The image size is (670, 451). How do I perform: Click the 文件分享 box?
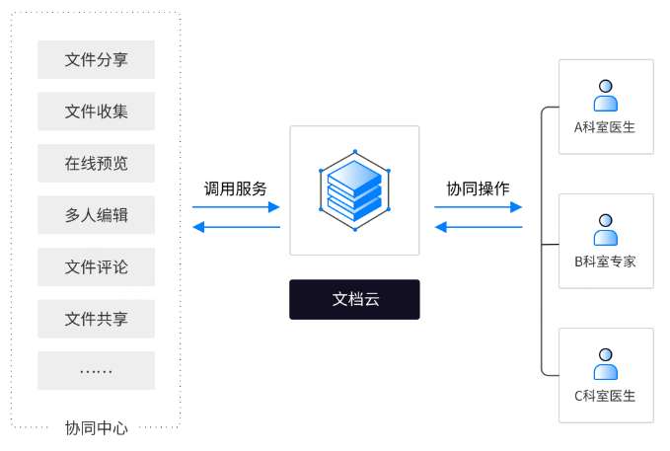point(96,59)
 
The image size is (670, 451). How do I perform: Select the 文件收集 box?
point(96,112)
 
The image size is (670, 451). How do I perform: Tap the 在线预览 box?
point(96,164)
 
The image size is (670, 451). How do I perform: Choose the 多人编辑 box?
point(96,215)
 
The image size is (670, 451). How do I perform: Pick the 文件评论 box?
point(96,267)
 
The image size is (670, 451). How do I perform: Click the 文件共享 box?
point(96,319)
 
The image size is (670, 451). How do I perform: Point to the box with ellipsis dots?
point(96,371)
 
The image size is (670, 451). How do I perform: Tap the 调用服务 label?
point(235,188)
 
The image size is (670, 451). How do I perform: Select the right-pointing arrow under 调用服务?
point(236,207)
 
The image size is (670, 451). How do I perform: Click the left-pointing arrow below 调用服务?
point(236,227)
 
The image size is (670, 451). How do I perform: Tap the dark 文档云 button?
point(354,299)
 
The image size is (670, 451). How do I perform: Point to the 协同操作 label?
point(478,188)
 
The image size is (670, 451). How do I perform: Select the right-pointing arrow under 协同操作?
point(478,207)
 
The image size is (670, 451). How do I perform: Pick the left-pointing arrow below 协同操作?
point(478,227)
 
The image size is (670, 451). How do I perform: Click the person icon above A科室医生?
point(605,96)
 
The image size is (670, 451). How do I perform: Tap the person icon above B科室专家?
point(605,230)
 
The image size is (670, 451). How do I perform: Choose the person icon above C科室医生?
point(605,364)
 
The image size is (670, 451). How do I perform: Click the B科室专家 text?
point(605,262)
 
